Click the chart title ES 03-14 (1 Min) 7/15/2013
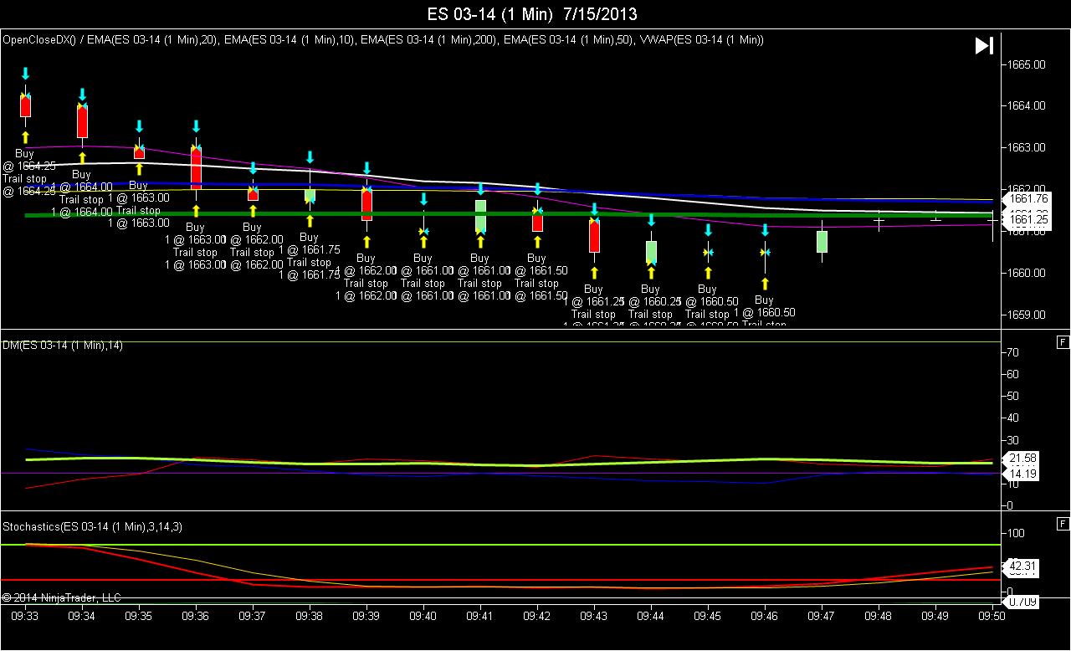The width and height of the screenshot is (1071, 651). pos(532,14)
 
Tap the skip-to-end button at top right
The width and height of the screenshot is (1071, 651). pos(984,46)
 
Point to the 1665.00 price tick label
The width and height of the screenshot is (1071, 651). pos(1027,64)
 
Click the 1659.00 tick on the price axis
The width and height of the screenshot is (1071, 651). pos(1027,315)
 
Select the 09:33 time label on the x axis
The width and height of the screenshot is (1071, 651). pos(25,615)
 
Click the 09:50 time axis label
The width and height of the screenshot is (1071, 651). pos(992,615)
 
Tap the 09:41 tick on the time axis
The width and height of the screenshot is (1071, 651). pos(480,615)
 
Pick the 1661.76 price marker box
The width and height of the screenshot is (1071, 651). pos(1029,199)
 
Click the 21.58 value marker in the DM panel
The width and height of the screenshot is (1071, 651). pos(1023,459)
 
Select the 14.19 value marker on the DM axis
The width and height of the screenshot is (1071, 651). pos(1023,474)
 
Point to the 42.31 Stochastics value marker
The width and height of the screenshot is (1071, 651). pos(1023,566)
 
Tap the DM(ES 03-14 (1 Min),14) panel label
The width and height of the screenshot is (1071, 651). pos(63,346)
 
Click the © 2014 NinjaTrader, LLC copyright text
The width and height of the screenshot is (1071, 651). pos(62,597)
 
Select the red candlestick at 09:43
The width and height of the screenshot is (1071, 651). pos(594,236)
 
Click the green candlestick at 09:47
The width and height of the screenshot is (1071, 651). pos(822,241)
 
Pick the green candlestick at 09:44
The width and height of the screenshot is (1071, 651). pos(651,252)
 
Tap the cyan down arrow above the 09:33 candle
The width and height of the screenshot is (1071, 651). pos(25,74)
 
